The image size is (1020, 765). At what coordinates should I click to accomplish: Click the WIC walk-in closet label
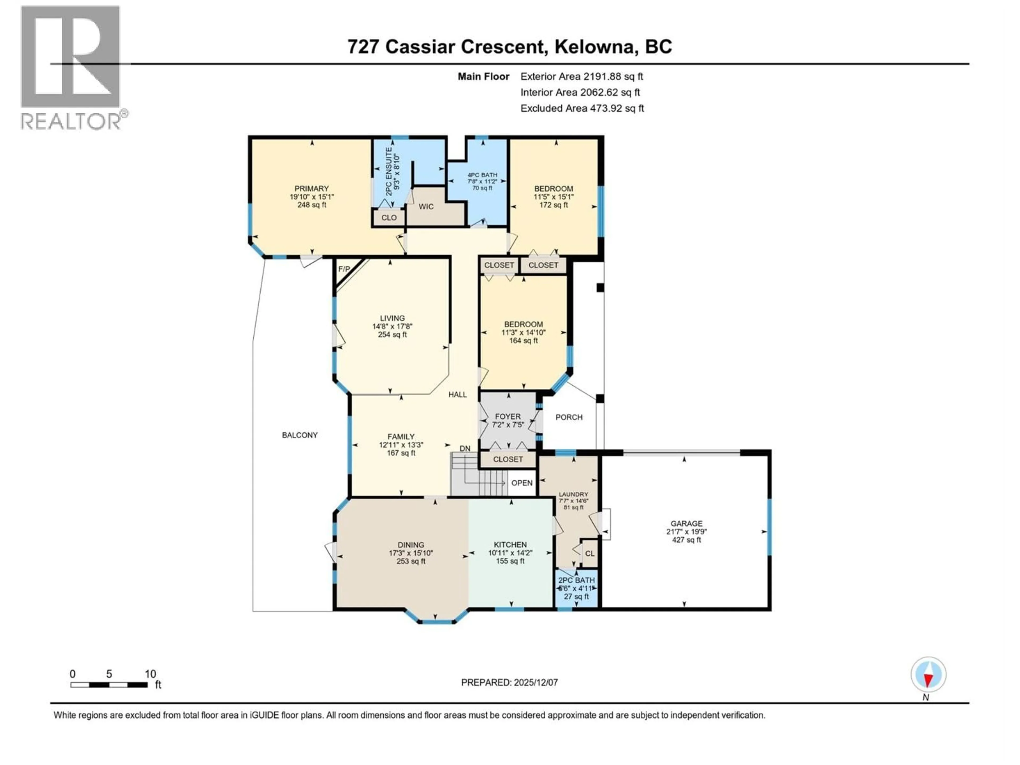pyautogui.click(x=426, y=207)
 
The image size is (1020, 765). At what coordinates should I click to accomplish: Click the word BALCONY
pyautogui.click(x=300, y=435)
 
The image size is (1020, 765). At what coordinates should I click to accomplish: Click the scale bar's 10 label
pyautogui.click(x=150, y=674)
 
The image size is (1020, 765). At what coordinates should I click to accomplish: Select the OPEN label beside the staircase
pyautogui.click(x=522, y=483)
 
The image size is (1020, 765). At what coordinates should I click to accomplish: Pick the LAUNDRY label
pyautogui.click(x=573, y=494)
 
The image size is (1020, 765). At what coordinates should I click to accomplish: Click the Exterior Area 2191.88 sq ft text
pyautogui.click(x=581, y=76)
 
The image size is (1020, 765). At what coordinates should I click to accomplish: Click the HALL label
pyautogui.click(x=457, y=394)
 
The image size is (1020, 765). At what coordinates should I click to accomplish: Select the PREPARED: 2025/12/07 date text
pyautogui.click(x=509, y=682)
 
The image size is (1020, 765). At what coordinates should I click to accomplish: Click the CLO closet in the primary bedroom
pyautogui.click(x=389, y=218)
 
